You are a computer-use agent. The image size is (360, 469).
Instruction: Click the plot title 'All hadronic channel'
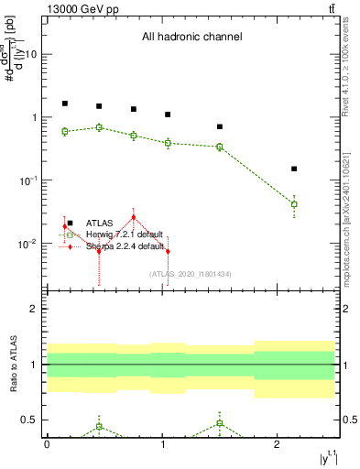191,38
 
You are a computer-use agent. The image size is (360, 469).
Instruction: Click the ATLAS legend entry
101,223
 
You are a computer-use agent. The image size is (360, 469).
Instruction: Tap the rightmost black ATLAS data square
294,169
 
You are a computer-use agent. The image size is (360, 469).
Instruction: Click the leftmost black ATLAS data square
65,104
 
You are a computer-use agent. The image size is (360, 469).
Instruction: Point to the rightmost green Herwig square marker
294,204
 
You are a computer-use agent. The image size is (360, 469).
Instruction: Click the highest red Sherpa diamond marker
134,217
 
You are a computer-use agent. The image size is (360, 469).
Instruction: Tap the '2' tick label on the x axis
278,444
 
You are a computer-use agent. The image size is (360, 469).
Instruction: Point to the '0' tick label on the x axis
47,444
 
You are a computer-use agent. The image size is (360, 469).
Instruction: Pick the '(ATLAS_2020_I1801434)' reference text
189,273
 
